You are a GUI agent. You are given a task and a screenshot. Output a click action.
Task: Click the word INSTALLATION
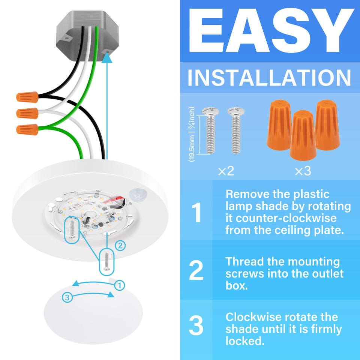pos(269,78)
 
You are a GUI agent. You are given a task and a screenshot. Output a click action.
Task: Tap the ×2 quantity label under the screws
pos(226,171)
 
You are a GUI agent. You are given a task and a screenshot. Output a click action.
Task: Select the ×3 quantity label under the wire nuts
pos(303,171)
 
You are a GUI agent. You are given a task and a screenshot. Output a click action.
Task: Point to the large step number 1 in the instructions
pos(196,212)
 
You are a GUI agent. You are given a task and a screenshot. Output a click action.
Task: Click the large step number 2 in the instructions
pos(196,270)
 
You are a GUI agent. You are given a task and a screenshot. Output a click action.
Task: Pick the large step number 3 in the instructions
pos(196,325)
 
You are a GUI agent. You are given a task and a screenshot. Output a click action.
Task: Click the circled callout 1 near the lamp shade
pos(119,286)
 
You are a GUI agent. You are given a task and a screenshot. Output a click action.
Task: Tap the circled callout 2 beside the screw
pos(120,246)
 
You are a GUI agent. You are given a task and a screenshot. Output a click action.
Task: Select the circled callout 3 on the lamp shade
pos(67,297)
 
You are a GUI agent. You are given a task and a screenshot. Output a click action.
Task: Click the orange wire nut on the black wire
pos(27,97)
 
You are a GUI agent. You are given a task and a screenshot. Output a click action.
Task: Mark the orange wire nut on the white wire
pos(27,113)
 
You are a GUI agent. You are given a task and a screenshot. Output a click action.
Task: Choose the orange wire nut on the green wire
pos(27,129)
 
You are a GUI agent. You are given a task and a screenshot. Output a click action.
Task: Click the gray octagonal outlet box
pos(87,36)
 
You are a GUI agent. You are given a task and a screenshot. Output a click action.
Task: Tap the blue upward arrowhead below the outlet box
pos(107,58)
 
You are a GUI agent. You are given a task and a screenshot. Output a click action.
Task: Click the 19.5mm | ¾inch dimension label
pos(192,134)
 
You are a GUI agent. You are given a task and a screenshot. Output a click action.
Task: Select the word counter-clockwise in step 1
pos(286,218)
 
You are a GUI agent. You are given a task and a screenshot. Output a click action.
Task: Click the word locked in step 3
pos(245,341)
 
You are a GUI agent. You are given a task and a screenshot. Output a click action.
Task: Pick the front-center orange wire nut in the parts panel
pos(303,135)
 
